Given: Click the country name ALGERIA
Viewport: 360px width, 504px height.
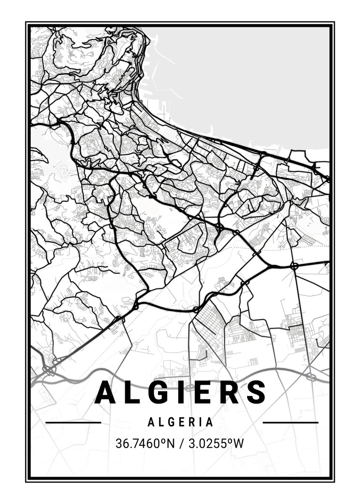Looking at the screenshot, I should [x=181, y=422].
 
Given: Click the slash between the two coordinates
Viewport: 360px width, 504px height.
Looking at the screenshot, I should [x=181, y=444].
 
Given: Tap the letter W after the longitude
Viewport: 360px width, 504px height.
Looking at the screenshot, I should [x=238, y=444].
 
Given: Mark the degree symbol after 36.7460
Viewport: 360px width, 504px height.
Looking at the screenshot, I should [x=161, y=441].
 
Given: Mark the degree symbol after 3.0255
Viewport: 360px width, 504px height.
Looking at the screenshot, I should [x=229, y=441].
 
